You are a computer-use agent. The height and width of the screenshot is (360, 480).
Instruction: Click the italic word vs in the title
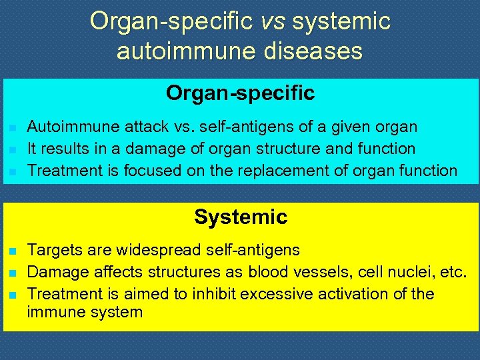tap(273, 21)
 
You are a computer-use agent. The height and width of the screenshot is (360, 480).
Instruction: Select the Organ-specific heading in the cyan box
tap(240, 93)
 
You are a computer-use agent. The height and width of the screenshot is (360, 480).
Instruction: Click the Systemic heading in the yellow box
tap(241, 217)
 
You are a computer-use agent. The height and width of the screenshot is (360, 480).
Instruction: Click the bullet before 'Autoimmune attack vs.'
tap(12, 127)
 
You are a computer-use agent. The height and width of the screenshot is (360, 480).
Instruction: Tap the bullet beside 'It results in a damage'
tap(12, 149)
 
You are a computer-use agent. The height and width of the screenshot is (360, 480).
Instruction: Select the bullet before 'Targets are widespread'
tap(12, 251)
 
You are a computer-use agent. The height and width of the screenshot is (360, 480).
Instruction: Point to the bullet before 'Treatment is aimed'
tap(12, 295)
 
